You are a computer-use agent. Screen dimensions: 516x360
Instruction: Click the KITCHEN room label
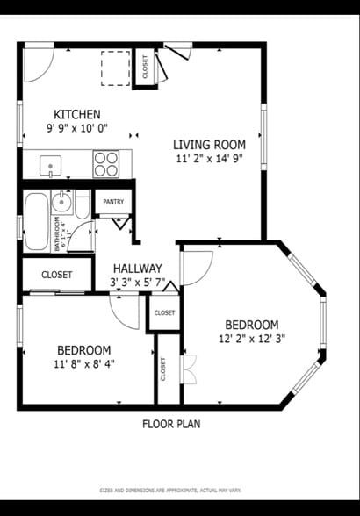pos(77,115)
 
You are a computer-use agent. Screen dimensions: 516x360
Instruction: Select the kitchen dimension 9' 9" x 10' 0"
pos(77,129)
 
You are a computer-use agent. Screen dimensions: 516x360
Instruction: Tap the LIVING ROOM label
pos(209,145)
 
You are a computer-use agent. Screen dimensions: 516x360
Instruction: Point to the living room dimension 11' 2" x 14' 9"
pos(209,159)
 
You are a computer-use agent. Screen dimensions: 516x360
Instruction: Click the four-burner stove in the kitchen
pos(106,164)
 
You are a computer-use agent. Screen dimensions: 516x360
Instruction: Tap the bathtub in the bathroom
pos(37,220)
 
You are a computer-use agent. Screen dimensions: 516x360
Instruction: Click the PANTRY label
pos(113,202)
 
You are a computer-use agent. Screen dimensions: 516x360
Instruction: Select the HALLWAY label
pos(137,269)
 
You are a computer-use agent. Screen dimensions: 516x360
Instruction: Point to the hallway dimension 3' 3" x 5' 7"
pos(137,283)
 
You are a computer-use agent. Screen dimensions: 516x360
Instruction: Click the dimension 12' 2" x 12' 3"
pos(252,338)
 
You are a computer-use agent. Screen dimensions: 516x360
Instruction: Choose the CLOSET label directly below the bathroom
pos(56,275)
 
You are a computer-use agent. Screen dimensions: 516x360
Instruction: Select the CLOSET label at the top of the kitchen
pos(145,66)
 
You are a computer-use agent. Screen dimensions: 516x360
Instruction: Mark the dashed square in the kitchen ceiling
pos(115,66)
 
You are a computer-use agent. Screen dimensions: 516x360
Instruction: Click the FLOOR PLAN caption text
pos(171,424)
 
